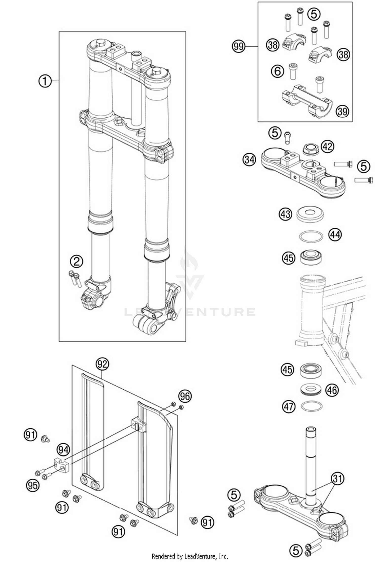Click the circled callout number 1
[x=45, y=81]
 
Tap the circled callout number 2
[x=77, y=261]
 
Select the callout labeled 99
[x=239, y=46]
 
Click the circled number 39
[x=342, y=111]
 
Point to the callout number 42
[x=328, y=146]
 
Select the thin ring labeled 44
[x=311, y=237]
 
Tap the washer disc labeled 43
[x=310, y=214]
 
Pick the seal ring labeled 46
[x=311, y=389]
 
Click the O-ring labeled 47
[x=312, y=406]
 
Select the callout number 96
[x=185, y=396]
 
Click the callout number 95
[x=33, y=485]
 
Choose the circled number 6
[x=278, y=71]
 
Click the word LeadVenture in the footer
[x=199, y=556]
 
